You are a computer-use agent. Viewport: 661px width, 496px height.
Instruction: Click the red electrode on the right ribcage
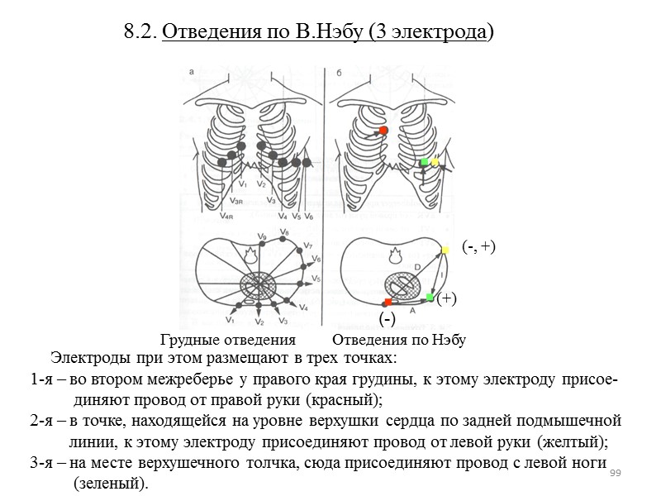pyautogui.click(x=383, y=131)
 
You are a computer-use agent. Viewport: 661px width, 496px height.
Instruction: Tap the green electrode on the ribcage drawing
pyautogui.click(x=424, y=162)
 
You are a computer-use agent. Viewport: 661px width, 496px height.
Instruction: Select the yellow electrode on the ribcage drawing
pyautogui.click(x=435, y=163)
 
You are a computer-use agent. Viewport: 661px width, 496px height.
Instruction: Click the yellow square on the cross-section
pyautogui.click(x=445, y=250)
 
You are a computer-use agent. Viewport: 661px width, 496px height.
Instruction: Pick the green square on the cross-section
pyautogui.click(x=430, y=297)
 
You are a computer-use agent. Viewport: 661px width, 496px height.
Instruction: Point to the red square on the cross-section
pyautogui.click(x=388, y=302)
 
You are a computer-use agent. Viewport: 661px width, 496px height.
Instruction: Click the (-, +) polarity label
pyautogui.click(x=478, y=246)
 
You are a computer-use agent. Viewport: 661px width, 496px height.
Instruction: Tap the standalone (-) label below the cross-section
pyautogui.click(x=386, y=318)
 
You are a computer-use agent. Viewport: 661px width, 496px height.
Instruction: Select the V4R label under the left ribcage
pyautogui.click(x=226, y=217)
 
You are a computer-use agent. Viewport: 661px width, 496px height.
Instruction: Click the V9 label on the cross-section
pyautogui.click(x=261, y=237)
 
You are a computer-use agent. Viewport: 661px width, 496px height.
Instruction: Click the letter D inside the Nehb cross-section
pyautogui.click(x=416, y=266)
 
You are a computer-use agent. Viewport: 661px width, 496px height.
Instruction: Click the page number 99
pyautogui.click(x=614, y=473)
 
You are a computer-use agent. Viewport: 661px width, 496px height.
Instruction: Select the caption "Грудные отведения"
pyautogui.click(x=228, y=340)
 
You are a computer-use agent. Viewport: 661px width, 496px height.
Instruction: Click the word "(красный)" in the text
pyautogui.click(x=344, y=401)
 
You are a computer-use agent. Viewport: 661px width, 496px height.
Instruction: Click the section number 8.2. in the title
pyautogui.click(x=140, y=32)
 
